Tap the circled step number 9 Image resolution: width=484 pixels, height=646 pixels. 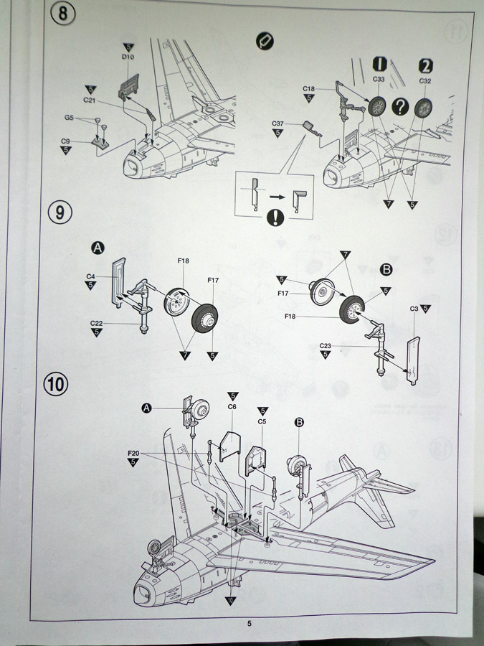click(60, 212)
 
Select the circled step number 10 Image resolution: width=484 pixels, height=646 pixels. click(57, 383)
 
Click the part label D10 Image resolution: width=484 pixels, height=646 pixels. click(128, 55)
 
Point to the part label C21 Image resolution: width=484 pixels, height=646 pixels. click(90, 99)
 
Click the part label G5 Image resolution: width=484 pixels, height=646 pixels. click(69, 117)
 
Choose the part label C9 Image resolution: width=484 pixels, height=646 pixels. click(65, 141)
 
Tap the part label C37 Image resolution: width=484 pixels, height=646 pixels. click(279, 124)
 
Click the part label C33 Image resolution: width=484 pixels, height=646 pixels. click(379, 81)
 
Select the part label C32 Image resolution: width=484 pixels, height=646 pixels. click(424, 81)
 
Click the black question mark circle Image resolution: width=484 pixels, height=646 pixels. click(401, 106)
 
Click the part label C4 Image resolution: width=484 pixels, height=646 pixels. click(91, 276)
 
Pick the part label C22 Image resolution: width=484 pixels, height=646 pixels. click(97, 324)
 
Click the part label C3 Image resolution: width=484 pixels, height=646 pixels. click(414, 309)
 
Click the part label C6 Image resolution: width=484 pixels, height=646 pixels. click(232, 406)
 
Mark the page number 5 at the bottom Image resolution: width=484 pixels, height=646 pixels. click(250, 624)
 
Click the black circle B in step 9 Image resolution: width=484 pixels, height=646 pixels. click(386, 271)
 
